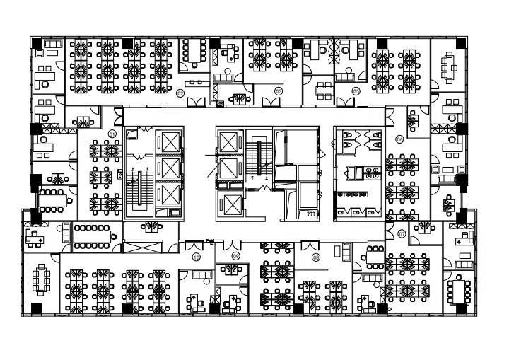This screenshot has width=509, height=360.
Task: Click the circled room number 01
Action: coord(112,133)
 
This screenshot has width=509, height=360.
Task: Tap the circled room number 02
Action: coord(180,93)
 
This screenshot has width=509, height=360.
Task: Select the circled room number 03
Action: coord(279,91)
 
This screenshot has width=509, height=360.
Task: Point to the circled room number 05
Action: coord(356,91)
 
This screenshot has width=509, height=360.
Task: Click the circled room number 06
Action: coord(399,139)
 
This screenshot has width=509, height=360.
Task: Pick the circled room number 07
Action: coord(401,233)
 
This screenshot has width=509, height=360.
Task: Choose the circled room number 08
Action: coord(316,257)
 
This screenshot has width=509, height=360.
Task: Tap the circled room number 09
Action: coord(236,255)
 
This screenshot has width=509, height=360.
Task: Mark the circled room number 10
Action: coord(197,257)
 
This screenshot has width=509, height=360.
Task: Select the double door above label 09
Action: coord(236,244)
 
